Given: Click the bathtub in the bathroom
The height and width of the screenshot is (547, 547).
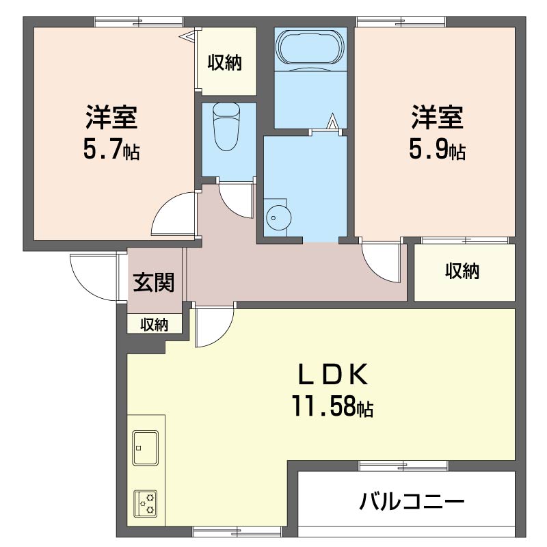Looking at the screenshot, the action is [310, 46].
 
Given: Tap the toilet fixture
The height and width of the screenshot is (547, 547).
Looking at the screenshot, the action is [226, 126].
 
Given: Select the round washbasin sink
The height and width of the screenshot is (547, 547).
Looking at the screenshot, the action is [278, 217].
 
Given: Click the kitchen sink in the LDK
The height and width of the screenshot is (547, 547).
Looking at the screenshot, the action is [146, 448].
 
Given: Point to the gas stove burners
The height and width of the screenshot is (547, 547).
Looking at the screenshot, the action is [146, 504].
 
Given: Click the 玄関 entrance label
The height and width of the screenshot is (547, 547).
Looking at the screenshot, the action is [153, 282].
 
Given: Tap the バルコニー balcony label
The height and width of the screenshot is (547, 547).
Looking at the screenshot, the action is [412, 502].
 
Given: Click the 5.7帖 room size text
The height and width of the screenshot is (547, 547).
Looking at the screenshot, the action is [111, 149].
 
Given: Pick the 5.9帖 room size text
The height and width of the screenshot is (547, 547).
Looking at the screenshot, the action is [437, 149].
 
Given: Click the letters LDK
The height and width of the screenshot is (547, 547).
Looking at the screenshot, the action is [333, 374].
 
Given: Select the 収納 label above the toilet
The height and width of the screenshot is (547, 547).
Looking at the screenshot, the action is [225, 63].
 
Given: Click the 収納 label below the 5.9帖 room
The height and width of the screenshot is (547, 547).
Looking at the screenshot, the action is [462, 271].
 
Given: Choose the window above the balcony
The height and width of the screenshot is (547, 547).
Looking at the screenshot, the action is [403, 466].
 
